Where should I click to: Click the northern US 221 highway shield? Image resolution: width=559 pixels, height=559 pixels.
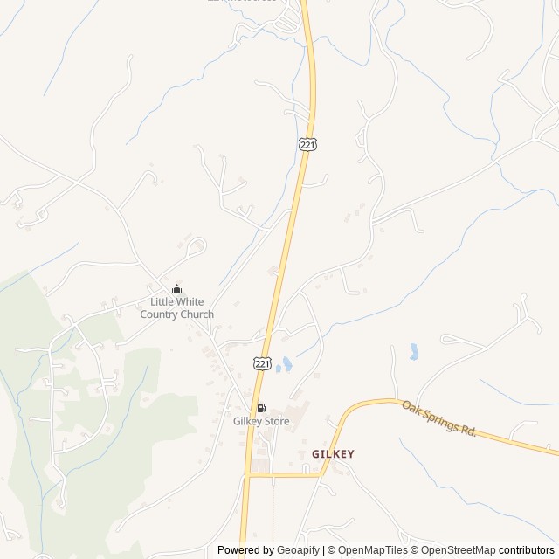[307, 144]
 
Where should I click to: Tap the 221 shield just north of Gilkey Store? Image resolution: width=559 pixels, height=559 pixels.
[263, 362]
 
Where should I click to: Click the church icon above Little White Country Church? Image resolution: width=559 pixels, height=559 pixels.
[177, 289]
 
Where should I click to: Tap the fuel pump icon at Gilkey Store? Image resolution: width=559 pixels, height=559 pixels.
[260, 408]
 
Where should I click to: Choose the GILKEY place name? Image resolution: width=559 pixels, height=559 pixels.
[333, 454]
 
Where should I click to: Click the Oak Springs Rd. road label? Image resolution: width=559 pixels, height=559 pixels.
[438, 419]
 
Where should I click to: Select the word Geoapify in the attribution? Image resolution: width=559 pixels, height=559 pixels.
[297, 550]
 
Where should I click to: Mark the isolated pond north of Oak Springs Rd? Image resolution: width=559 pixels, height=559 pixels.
[412, 352]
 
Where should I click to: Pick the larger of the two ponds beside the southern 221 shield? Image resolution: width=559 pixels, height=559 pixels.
[287, 363]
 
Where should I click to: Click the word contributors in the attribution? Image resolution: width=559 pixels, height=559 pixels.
[528, 550]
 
